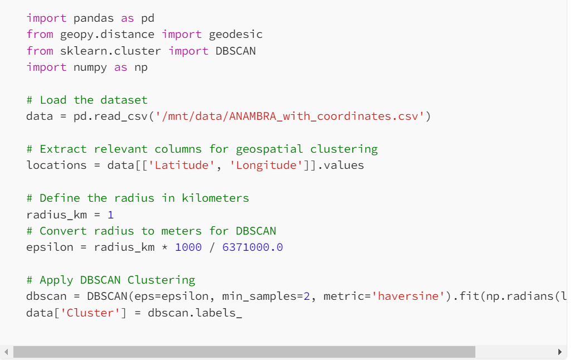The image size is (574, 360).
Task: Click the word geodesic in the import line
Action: (x=236, y=35)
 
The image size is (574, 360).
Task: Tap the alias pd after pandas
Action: (x=148, y=18)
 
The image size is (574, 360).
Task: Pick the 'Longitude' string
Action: (x=266, y=166)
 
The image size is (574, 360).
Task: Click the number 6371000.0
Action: (x=252, y=247)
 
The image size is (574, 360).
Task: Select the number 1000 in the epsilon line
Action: (x=188, y=247)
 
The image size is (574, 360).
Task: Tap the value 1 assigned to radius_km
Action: (x=111, y=215)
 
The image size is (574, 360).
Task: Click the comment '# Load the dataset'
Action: (x=87, y=100)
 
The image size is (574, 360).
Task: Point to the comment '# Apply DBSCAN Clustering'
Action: (x=111, y=280)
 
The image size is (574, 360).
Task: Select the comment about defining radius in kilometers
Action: (x=138, y=198)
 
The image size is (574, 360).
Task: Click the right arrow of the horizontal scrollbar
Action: (x=560, y=352)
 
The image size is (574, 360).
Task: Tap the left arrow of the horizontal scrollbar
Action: (x=6, y=352)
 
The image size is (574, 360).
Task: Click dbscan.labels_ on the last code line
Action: (x=195, y=313)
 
